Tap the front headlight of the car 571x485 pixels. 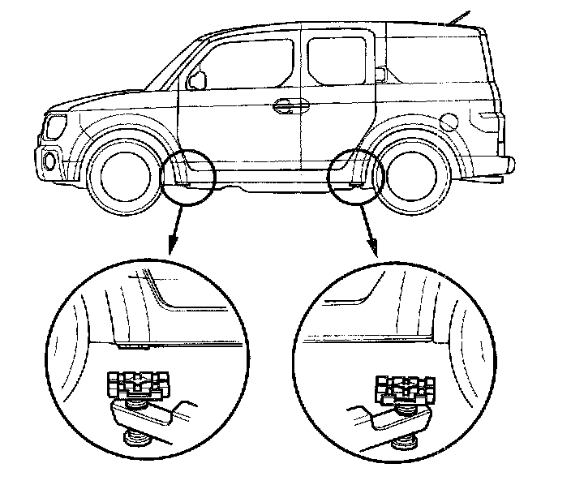56,127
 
